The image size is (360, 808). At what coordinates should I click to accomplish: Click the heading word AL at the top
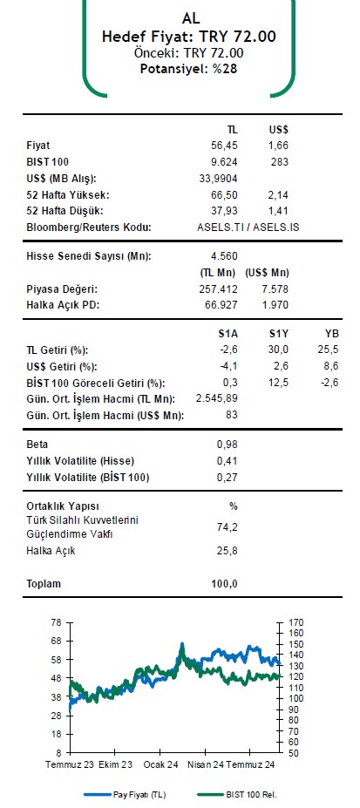(191, 17)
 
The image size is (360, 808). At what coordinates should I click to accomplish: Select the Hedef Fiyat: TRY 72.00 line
(189, 37)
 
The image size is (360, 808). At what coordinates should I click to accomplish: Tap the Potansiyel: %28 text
(189, 68)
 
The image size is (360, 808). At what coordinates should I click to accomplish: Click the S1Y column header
(278, 334)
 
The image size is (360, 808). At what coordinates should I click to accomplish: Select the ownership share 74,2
(227, 526)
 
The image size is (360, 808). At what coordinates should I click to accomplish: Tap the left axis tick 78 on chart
(57, 622)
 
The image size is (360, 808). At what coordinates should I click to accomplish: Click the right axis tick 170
(297, 622)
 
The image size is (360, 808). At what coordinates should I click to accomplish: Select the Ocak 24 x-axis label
(160, 764)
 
